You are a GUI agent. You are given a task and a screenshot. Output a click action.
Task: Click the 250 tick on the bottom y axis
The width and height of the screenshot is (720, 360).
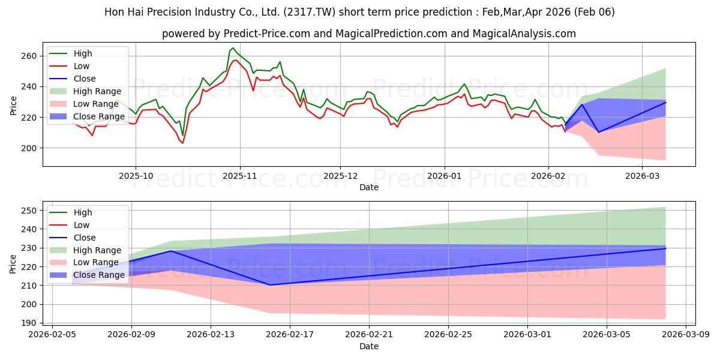click(30, 211)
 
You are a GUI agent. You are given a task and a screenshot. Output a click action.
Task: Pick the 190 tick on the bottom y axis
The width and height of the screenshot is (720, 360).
click(30, 323)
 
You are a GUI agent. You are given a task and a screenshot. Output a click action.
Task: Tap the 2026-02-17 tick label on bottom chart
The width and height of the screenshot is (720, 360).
click(290, 335)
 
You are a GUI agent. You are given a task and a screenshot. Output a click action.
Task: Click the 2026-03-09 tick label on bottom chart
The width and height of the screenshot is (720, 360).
click(685, 335)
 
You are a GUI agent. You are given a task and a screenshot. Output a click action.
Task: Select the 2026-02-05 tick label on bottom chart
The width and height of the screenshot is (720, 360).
click(52, 335)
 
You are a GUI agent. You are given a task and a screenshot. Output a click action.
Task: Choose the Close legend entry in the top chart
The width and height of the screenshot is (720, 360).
click(85, 79)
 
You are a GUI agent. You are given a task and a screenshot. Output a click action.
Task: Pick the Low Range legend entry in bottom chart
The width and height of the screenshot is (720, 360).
click(97, 263)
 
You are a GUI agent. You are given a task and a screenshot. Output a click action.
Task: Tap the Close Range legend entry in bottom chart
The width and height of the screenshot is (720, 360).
click(99, 275)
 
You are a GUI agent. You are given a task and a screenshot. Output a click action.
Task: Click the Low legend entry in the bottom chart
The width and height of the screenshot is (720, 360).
click(82, 225)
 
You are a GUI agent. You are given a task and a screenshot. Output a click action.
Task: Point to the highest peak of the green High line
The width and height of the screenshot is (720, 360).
click(233, 48)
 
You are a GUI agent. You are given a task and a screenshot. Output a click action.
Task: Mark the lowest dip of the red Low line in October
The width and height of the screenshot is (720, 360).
click(182, 143)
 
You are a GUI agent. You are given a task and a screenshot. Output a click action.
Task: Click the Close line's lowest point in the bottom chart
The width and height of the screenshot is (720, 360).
click(270, 285)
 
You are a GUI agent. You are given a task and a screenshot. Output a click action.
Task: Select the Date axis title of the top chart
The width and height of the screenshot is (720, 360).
click(368, 187)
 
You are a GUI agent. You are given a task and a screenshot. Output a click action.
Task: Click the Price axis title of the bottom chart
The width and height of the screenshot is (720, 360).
click(13, 263)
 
